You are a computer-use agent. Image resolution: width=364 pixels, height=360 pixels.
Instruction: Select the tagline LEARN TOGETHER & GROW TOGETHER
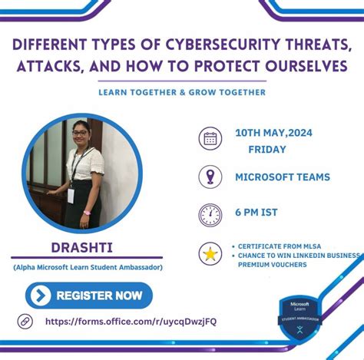coord(182,92)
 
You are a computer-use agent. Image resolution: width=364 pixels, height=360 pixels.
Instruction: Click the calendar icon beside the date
coord(210,139)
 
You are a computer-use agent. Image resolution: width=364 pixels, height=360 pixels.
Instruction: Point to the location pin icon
coord(210,177)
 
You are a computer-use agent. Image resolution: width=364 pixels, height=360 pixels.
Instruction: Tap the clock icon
coord(210,214)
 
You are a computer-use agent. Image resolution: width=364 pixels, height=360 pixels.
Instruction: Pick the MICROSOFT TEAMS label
coord(282,177)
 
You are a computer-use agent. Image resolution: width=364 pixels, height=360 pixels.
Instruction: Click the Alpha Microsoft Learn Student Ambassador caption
coord(87,267)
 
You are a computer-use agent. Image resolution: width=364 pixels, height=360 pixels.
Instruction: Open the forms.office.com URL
coord(131,322)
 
